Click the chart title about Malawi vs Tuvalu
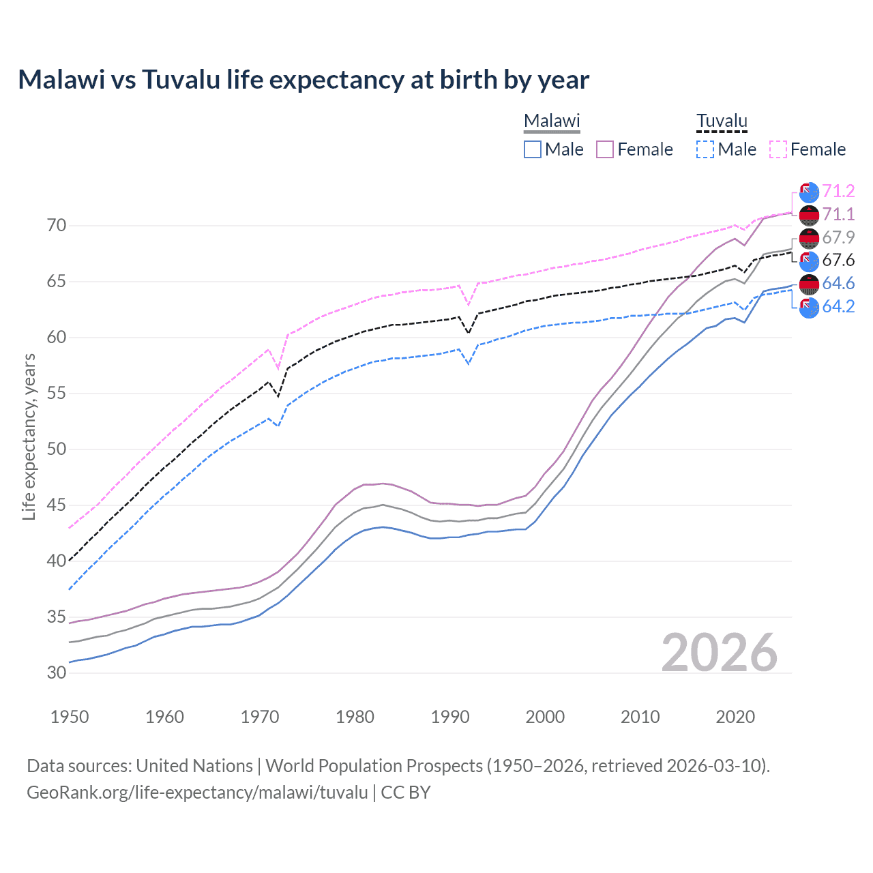[x=304, y=80]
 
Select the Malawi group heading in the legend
[x=552, y=121]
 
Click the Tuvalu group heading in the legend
[x=722, y=121]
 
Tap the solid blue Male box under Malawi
[x=533, y=149]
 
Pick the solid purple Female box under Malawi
[x=606, y=149]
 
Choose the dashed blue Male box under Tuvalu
[x=705, y=149]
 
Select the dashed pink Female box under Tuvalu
[x=778, y=149]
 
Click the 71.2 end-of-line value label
[x=838, y=191]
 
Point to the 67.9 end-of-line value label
[x=838, y=237]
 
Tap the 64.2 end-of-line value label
[x=838, y=307]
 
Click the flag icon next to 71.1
[x=809, y=215]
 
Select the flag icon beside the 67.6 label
[x=809, y=261]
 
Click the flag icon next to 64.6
[x=809, y=284]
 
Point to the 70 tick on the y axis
[x=57, y=225]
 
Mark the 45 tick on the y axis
[x=57, y=505]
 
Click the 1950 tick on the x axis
[x=70, y=717]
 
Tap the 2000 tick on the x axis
[x=545, y=717]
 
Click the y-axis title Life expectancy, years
[x=29, y=436]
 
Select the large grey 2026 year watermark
[x=720, y=653]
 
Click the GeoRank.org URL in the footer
[x=197, y=793]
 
